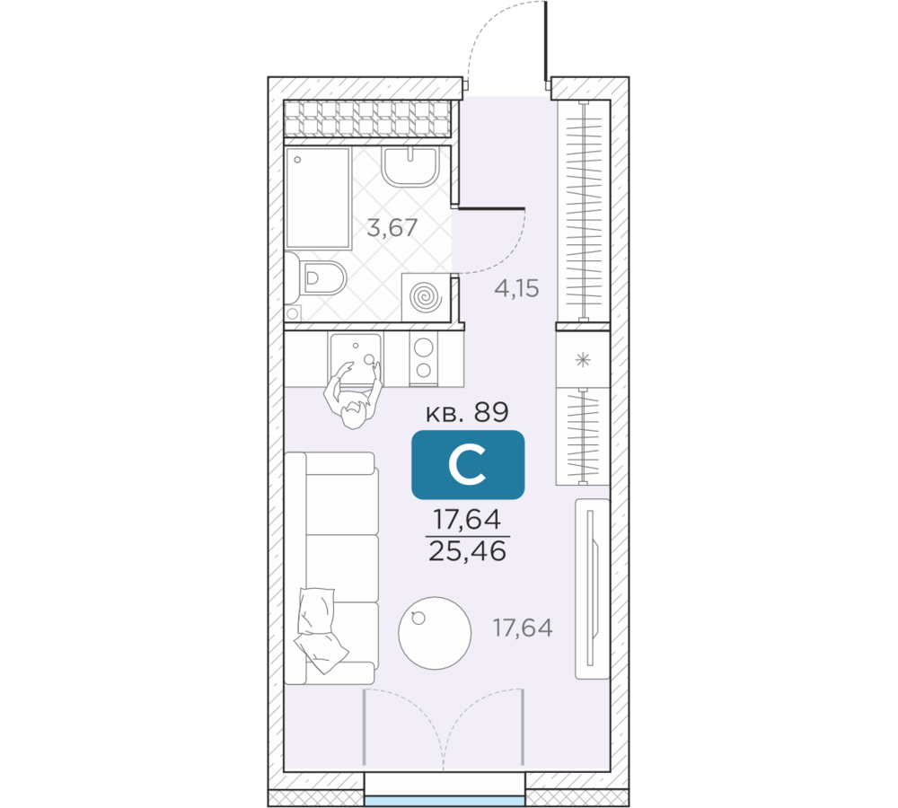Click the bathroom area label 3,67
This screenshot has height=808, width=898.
pyautogui.click(x=392, y=229)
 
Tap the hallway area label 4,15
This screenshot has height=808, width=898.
pyautogui.click(x=516, y=288)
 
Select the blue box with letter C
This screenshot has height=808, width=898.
pyautogui.click(x=468, y=464)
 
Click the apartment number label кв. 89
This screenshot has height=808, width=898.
pyautogui.click(x=467, y=412)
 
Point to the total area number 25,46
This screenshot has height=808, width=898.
pyautogui.click(x=467, y=551)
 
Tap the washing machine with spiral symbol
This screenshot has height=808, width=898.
pyautogui.click(x=426, y=296)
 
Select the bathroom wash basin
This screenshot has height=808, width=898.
pyautogui.click(x=410, y=166)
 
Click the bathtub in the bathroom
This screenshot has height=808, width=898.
pyautogui.click(x=318, y=198)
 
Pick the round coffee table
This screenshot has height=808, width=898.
pyautogui.click(x=435, y=633)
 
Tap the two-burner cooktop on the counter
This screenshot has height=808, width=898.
pyautogui.click(x=424, y=358)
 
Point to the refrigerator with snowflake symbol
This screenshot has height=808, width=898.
pyautogui.click(x=583, y=360)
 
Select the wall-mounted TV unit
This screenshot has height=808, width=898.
pyautogui.click(x=592, y=589)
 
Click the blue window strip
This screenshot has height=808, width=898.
pyautogui.click(x=445, y=801)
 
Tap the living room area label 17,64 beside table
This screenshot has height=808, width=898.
pyautogui.click(x=523, y=628)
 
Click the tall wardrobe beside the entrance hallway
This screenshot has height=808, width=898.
pyautogui.click(x=583, y=211)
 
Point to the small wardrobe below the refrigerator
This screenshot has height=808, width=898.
pyautogui.click(x=583, y=436)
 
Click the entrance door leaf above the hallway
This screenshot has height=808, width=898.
pyautogui.click(x=546, y=40)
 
